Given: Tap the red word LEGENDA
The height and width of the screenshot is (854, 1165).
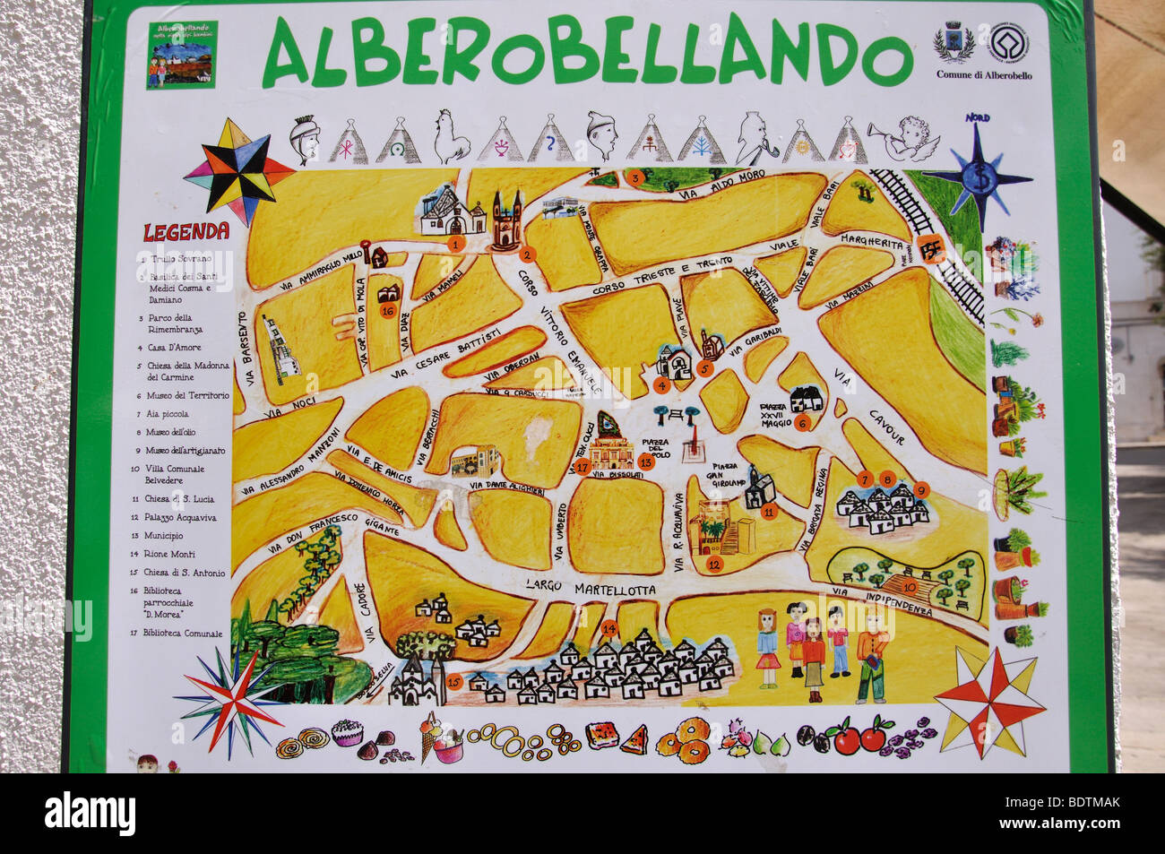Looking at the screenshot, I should point(186,232).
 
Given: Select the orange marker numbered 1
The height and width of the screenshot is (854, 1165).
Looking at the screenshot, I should point(455,243).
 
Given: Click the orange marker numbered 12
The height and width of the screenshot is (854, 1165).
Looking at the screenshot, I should point(714,565).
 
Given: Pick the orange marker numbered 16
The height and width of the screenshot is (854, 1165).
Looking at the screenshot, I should point(387,310).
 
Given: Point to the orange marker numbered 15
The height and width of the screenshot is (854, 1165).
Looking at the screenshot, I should point(453,683).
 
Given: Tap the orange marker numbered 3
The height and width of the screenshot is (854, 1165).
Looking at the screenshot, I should point(635,177).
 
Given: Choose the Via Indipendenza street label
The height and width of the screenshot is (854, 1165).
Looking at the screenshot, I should point(882,600).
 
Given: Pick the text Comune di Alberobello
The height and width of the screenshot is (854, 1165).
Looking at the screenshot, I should point(983,75).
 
